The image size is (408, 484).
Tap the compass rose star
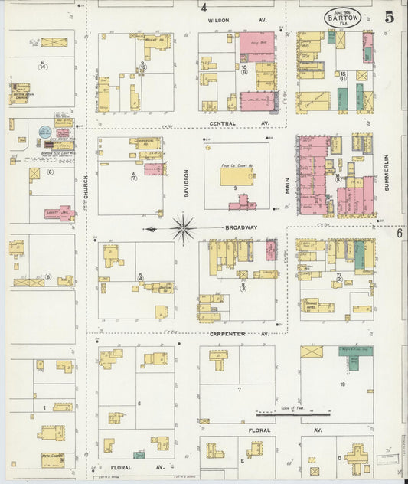pos(183,227)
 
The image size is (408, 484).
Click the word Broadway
pos(241,227)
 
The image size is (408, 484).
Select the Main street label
pos(288,185)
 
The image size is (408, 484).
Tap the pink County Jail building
pos(58,212)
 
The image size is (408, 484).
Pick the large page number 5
pos(389,16)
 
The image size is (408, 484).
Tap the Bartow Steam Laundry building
pos(21,93)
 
